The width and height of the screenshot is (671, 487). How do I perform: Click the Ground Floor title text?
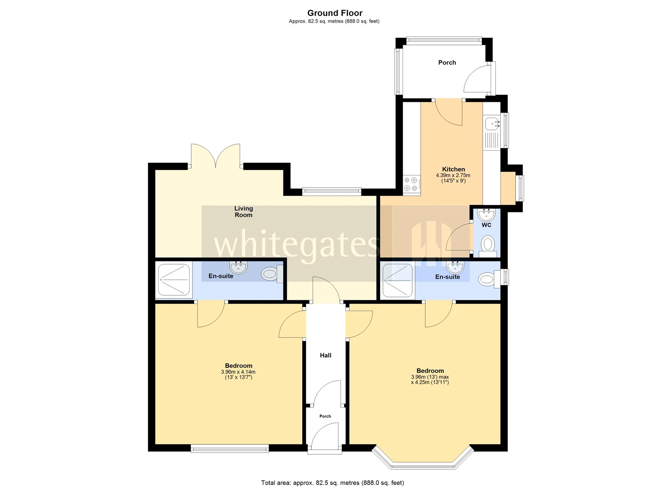pos(335,13)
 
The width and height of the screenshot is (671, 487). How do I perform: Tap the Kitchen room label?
pos(453,169)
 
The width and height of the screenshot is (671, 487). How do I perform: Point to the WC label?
pos(486,225)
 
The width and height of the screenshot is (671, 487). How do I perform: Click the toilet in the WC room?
pos(487,245)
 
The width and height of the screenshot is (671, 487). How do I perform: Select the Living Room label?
pos(244,211)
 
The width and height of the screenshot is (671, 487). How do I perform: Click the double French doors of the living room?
pos(216,156)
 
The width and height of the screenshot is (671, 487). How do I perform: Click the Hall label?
pos(325,355)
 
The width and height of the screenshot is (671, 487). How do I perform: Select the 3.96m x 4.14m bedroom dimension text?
pos(238,372)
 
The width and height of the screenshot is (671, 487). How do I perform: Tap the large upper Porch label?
pos(447,62)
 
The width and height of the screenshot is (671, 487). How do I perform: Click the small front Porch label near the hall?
pos(325,416)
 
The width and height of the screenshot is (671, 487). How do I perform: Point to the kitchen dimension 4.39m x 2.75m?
pos(453,175)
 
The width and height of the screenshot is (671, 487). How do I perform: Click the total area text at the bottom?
pos(333,483)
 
